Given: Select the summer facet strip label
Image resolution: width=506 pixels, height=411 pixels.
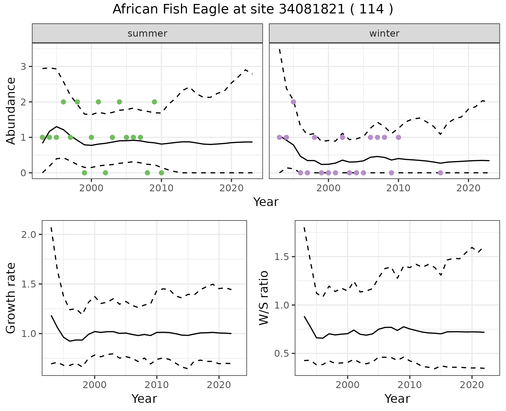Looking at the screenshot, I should [x=147, y=33].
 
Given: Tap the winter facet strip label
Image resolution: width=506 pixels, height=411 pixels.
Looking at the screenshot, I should [x=384, y=33].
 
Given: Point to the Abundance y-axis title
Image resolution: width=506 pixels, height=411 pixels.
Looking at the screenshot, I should [x=11, y=111].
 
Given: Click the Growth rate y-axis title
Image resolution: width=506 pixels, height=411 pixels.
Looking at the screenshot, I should [x=11, y=298].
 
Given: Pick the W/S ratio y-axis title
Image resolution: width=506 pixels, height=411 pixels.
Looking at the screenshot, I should [x=264, y=298].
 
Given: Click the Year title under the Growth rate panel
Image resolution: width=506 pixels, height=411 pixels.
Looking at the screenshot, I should [x=144, y=399].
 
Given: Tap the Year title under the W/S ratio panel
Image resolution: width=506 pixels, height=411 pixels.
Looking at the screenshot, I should [x=397, y=399].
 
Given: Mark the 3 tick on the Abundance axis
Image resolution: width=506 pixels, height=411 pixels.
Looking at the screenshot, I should [x=23, y=66].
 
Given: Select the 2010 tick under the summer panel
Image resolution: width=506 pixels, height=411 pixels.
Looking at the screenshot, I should [x=161, y=188].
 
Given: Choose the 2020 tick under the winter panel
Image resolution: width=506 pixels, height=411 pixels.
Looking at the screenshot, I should [x=468, y=188].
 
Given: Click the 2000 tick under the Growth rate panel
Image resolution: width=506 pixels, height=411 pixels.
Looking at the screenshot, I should [x=95, y=385].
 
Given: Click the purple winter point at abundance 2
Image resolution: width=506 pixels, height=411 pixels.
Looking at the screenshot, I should [x=293, y=102].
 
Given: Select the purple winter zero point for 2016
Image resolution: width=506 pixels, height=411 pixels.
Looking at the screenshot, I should [x=440, y=173].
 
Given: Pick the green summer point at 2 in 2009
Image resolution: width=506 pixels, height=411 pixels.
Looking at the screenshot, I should [x=154, y=102].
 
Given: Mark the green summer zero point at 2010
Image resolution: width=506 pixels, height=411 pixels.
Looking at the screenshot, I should [x=161, y=173].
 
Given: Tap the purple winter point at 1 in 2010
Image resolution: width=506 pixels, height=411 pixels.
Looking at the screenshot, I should [x=398, y=137].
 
